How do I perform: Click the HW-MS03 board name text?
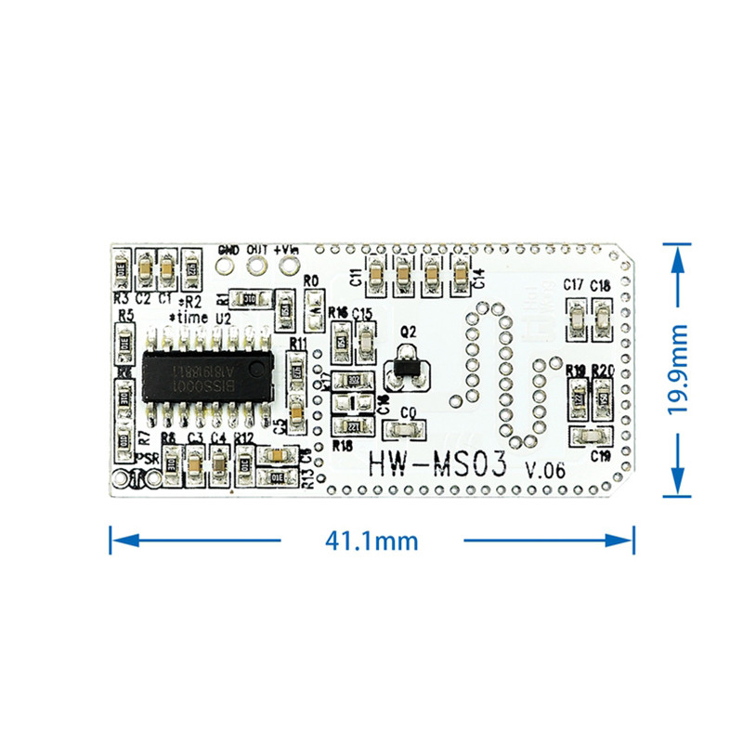pyautogui.click(x=437, y=463)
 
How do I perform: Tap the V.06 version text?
pyautogui.click(x=545, y=469)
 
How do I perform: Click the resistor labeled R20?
pyautogui.click(x=603, y=396)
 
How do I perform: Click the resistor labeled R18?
pyautogui.click(x=353, y=426)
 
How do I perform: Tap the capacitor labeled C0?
pyautogui.click(x=403, y=430)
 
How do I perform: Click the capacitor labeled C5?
pyautogui.click(x=294, y=410)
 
